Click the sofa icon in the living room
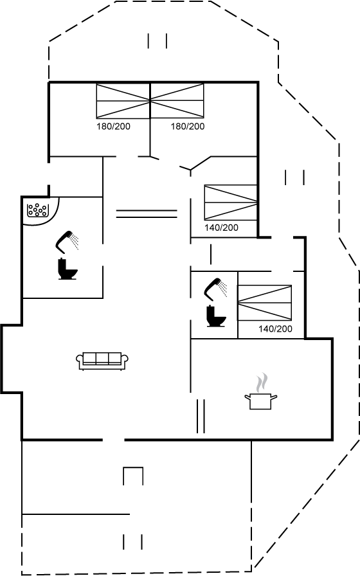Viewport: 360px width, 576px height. pyautogui.click(x=102, y=361)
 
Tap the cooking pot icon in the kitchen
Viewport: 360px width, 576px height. pyautogui.click(x=261, y=401)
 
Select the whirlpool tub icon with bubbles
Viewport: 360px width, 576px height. pyautogui.click(x=37, y=210)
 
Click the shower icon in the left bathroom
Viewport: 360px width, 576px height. pyautogui.click(x=67, y=242)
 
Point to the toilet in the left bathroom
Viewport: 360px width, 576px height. pyautogui.click(x=67, y=269)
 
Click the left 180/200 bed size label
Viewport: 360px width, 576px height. pyautogui.click(x=113, y=127)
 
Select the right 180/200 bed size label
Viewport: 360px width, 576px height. pyautogui.click(x=187, y=127)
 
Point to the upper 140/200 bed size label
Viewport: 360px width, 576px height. pyautogui.click(x=221, y=228)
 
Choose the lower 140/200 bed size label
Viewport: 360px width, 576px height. pyautogui.click(x=276, y=328)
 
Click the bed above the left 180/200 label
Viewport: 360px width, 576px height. pyautogui.click(x=123, y=101)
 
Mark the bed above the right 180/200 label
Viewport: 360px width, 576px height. pyautogui.click(x=177, y=101)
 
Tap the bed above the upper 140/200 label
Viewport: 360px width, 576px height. pyautogui.click(x=231, y=203)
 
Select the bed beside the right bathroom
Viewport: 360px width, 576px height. pyautogui.click(x=264, y=302)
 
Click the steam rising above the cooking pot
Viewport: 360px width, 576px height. pyautogui.click(x=261, y=382)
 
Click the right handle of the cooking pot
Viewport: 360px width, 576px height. pyautogui.click(x=274, y=397)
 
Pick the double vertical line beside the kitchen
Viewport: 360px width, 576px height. pyautogui.click(x=201, y=416)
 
